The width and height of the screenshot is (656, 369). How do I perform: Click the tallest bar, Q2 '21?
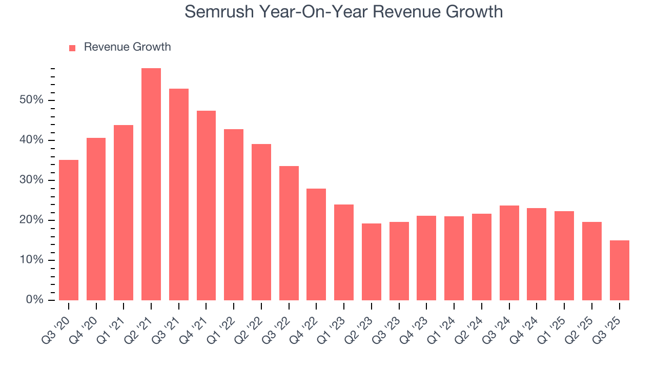151,184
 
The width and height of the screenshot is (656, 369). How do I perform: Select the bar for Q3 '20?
69,230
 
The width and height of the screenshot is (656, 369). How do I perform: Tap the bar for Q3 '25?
619,270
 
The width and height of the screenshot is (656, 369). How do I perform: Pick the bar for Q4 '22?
316,244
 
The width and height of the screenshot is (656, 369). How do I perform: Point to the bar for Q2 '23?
371,262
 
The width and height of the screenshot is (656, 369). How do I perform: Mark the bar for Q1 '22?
234,215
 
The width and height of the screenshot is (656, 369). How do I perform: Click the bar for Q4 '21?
206,206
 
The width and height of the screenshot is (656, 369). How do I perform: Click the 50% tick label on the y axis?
31,100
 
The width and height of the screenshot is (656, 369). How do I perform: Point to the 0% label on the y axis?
34,300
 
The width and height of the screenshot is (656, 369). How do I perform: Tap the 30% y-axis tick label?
31,180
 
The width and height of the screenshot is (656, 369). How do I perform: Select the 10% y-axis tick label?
31,260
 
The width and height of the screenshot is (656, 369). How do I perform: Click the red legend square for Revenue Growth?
72,48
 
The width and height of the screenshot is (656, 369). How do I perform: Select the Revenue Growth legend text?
127,47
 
